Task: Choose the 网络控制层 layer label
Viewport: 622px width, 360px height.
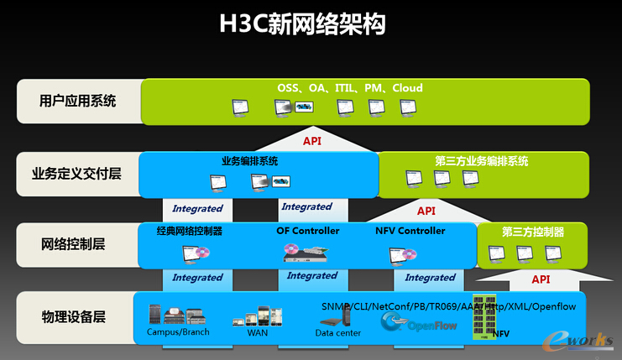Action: pos(73,245)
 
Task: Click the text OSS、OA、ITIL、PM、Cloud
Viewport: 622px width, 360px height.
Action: pos(350,88)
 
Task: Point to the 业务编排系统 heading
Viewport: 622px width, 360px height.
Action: pos(249,161)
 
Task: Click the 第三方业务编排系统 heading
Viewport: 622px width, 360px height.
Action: pos(482,161)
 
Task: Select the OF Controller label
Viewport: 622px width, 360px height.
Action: pos(307,231)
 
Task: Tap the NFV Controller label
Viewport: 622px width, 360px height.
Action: pos(410,231)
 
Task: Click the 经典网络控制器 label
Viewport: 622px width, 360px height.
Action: pos(190,231)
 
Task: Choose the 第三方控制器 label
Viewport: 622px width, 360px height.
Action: pos(533,232)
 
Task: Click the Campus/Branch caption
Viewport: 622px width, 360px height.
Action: pos(178,332)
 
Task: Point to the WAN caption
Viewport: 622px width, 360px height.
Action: pos(257,333)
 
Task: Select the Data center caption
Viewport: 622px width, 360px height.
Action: pos(338,333)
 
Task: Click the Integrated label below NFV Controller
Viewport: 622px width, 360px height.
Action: pos(430,278)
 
